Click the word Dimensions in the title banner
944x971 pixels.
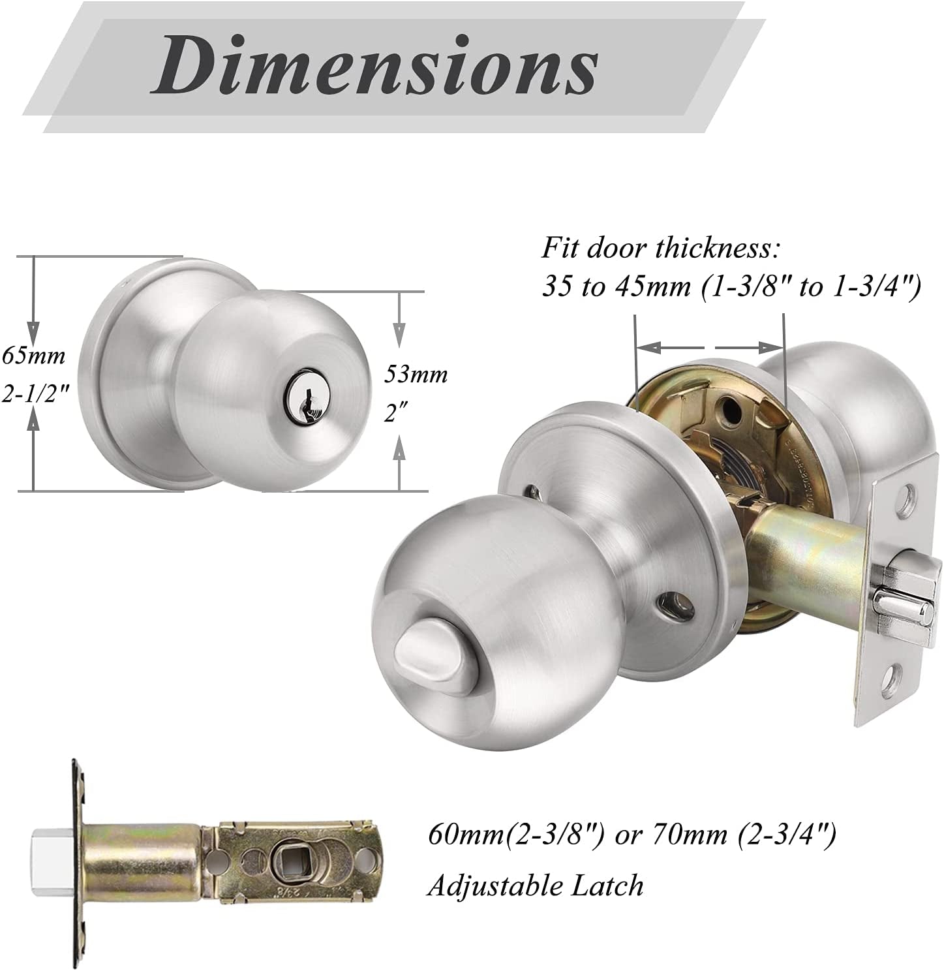pyautogui.click(x=374, y=65)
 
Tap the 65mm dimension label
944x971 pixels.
pyautogui.click(x=33, y=356)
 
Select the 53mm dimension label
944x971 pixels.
pyautogui.click(x=416, y=374)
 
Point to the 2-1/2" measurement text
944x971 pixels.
pyautogui.click(x=35, y=395)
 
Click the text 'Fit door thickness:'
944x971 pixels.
pyautogui.click(x=660, y=248)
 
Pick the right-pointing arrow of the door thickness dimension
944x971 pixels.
pyautogui.click(x=748, y=348)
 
